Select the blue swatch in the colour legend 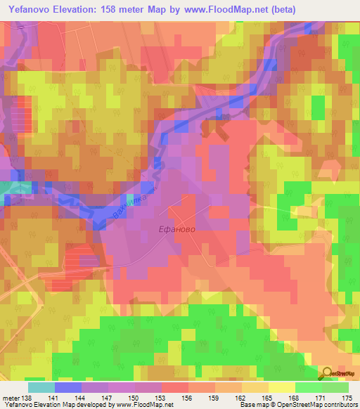[x=67, y=387]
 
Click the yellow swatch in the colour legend [x=282, y=387]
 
